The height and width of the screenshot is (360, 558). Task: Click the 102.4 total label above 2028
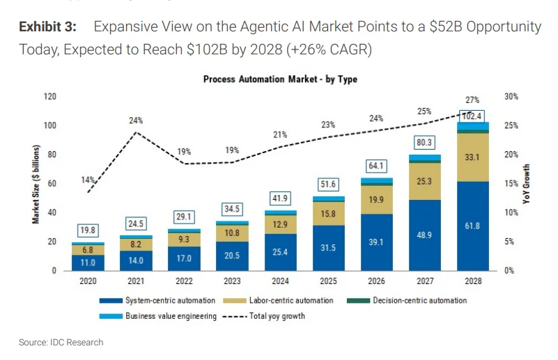[x=472, y=116]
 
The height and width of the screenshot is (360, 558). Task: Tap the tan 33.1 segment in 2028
[x=472, y=158]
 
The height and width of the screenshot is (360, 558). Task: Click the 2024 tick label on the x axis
[x=281, y=282]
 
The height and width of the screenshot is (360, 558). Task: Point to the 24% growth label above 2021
[x=136, y=120]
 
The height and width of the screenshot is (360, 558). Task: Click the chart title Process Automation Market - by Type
[x=280, y=79]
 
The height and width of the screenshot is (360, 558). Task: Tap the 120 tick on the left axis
[x=49, y=96]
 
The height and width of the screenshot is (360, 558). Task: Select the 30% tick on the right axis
[x=511, y=96]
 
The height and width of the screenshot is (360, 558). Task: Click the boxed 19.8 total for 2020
[x=88, y=230]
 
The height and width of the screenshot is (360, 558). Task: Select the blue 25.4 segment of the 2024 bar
[x=281, y=251]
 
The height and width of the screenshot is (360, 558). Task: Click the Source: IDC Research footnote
[x=61, y=342]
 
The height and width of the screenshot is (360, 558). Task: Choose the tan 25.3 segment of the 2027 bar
[x=425, y=182]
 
